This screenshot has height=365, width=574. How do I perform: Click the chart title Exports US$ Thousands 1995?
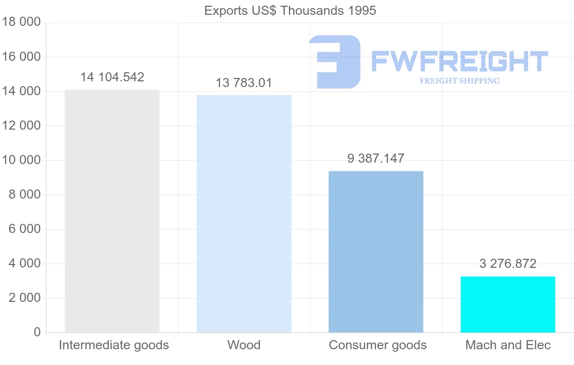click(290, 11)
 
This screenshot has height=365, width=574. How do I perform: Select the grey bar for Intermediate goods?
click(112, 211)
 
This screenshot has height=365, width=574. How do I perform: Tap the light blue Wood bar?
click(244, 214)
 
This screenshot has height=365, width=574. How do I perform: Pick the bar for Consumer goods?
click(376, 252)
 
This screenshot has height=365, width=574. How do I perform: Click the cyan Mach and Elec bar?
click(508, 304)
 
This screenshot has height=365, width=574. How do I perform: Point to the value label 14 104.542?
click(112, 77)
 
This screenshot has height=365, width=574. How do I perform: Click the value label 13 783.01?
click(244, 83)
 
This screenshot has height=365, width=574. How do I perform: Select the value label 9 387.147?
click(376, 158)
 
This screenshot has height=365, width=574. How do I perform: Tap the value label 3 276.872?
click(508, 264)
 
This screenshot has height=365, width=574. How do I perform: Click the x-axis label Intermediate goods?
click(114, 345)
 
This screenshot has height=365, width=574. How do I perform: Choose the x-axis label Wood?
click(244, 345)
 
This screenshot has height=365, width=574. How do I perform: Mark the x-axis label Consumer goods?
click(378, 345)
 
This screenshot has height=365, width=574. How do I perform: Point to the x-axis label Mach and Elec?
click(508, 345)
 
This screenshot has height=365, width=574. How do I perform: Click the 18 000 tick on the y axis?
click(21, 22)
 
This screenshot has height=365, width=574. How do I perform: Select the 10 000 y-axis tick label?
click(21, 160)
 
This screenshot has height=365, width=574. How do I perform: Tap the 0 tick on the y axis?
click(37, 332)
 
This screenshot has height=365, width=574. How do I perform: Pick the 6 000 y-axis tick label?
click(24, 229)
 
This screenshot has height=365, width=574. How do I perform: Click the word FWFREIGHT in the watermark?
click(460, 61)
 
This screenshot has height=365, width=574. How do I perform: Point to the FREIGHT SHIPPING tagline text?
click(460, 81)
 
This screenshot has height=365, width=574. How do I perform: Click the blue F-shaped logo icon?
click(335, 62)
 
